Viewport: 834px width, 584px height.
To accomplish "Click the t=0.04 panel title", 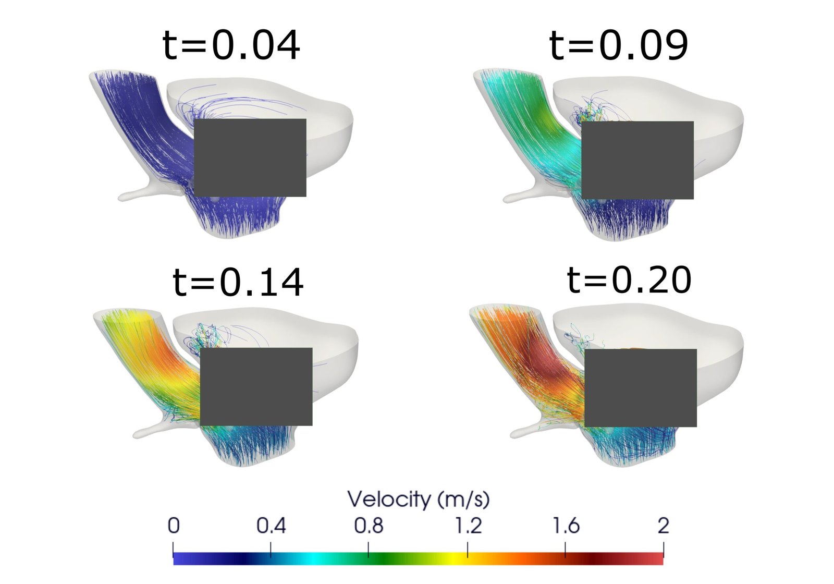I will pos(231,45).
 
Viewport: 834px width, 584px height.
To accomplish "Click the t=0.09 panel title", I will pos(618,45).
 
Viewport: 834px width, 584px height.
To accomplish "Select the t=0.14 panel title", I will pos(238,282).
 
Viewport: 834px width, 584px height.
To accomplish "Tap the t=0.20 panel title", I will pos(629,279).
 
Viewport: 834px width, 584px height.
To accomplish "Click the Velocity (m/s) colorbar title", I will pos(418,500).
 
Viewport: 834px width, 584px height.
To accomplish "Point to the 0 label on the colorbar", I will pos(174,526).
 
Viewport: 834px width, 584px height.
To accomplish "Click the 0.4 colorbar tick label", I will pos(271,526).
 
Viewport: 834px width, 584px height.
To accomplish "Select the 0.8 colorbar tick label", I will pos(369,526).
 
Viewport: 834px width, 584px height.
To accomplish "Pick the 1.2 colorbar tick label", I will pos(468,526).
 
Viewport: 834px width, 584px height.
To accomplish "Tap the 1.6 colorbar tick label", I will pos(566,526).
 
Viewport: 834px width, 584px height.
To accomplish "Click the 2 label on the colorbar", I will pos(663,526).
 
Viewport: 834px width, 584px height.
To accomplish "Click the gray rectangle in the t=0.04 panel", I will pos(250,157).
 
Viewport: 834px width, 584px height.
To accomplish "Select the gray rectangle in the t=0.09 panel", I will pos(637,160).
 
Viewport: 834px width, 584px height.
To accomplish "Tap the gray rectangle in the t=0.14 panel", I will pos(256,386).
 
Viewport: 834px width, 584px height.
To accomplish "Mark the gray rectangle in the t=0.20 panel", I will pos(640,388).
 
